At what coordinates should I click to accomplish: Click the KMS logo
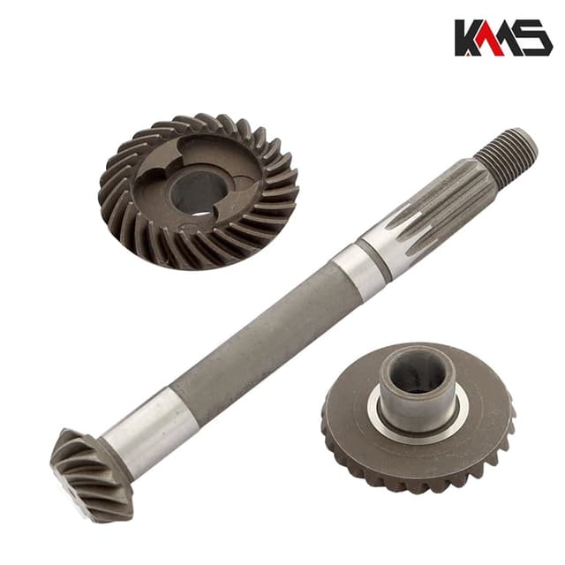click(x=503, y=38)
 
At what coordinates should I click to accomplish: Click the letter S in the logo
click(x=535, y=38)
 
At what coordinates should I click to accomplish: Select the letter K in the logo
click(x=470, y=38)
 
